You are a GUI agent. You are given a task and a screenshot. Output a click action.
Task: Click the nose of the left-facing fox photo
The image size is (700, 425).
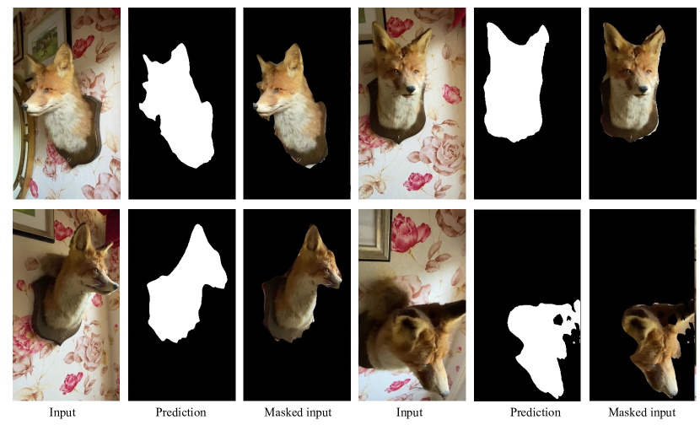(25, 107)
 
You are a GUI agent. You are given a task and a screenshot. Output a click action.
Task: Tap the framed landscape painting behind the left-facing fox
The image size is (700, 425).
(47, 36)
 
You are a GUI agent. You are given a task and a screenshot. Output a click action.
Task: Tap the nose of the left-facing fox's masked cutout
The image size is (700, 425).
(256, 107)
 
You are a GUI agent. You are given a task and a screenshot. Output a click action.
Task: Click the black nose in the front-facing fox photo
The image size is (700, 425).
(410, 89)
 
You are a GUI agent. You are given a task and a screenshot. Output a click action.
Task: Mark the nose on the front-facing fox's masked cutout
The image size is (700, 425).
(643, 89)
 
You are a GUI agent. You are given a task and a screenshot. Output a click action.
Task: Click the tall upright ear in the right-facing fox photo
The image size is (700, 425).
(82, 238)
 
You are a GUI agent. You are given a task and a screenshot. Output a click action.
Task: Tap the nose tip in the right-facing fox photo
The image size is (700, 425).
(116, 286)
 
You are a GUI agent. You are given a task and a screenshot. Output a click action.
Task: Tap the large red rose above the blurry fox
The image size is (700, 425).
(410, 232)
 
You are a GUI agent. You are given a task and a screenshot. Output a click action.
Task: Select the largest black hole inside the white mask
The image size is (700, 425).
(558, 320)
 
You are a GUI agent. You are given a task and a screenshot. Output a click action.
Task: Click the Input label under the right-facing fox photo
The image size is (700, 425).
(62, 412)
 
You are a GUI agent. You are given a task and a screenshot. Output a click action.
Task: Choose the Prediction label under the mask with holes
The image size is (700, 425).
(536, 412)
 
